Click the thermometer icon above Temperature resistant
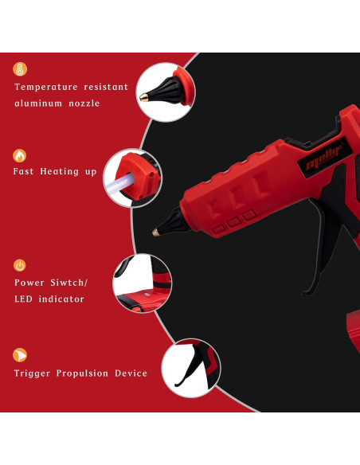click(x=20, y=69)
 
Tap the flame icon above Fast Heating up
click(x=20, y=155)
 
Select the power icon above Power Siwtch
click(x=20, y=265)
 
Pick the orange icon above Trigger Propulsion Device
click(x=20, y=355)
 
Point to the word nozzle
click(x=85, y=104)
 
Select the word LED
click(x=25, y=299)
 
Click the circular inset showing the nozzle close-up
click(x=166, y=92)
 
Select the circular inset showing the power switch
click(x=141, y=283)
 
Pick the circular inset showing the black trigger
click(x=191, y=369)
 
